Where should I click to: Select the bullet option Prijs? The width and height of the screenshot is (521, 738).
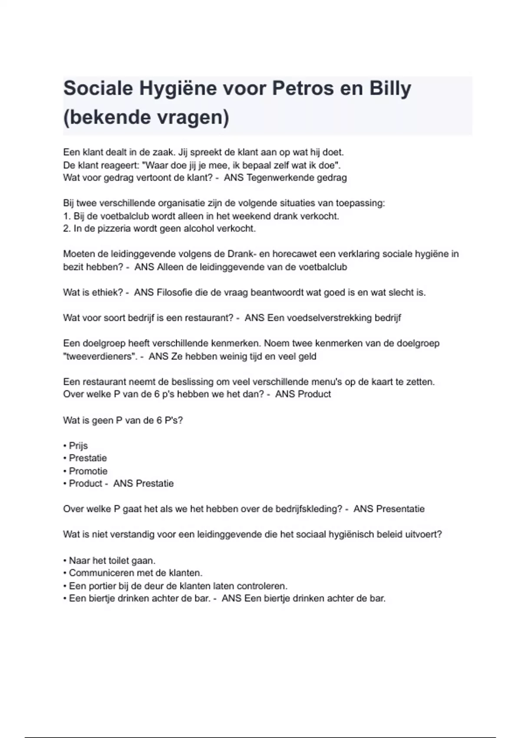point(78,446)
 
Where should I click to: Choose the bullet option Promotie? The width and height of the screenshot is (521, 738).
point(88,471)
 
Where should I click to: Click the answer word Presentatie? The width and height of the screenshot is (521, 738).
point(400,509)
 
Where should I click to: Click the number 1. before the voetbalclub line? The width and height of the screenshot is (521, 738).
point(66,216)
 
